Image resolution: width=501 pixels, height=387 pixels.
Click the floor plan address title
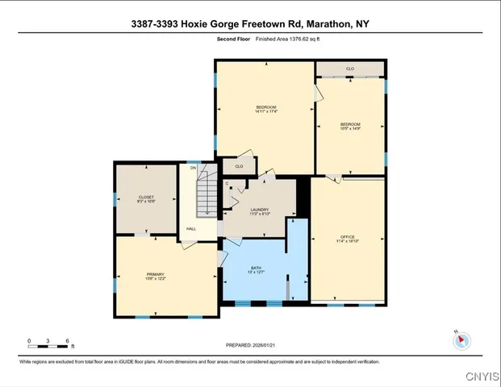(250, 23)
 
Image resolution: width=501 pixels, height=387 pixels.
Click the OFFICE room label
(347, 238)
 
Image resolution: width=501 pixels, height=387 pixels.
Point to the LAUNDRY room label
(259, 211)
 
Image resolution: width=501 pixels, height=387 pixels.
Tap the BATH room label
(256, 269)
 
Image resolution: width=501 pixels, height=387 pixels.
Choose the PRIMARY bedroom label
(155, 277)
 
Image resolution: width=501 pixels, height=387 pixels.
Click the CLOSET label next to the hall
(146, 198)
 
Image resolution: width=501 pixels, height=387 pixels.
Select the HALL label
(191, 229)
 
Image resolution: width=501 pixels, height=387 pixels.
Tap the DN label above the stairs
(193, 168)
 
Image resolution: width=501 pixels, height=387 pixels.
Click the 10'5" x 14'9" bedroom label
(350, 126)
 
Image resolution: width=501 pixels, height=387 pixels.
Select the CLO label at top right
(350, 69)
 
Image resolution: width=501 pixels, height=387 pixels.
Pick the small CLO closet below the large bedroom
(239, 166)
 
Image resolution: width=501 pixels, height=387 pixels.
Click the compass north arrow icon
(462, 341)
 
